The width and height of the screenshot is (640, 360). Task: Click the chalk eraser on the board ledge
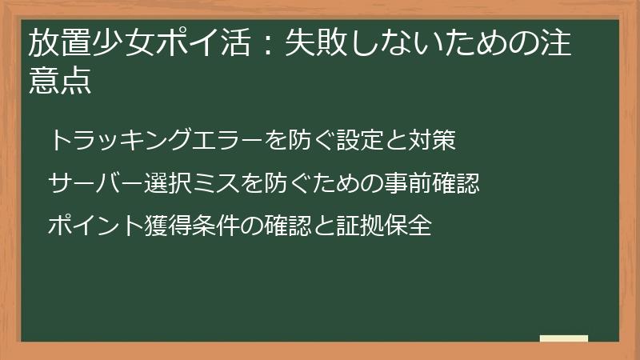pyautogui.click(x=563, y=339)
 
